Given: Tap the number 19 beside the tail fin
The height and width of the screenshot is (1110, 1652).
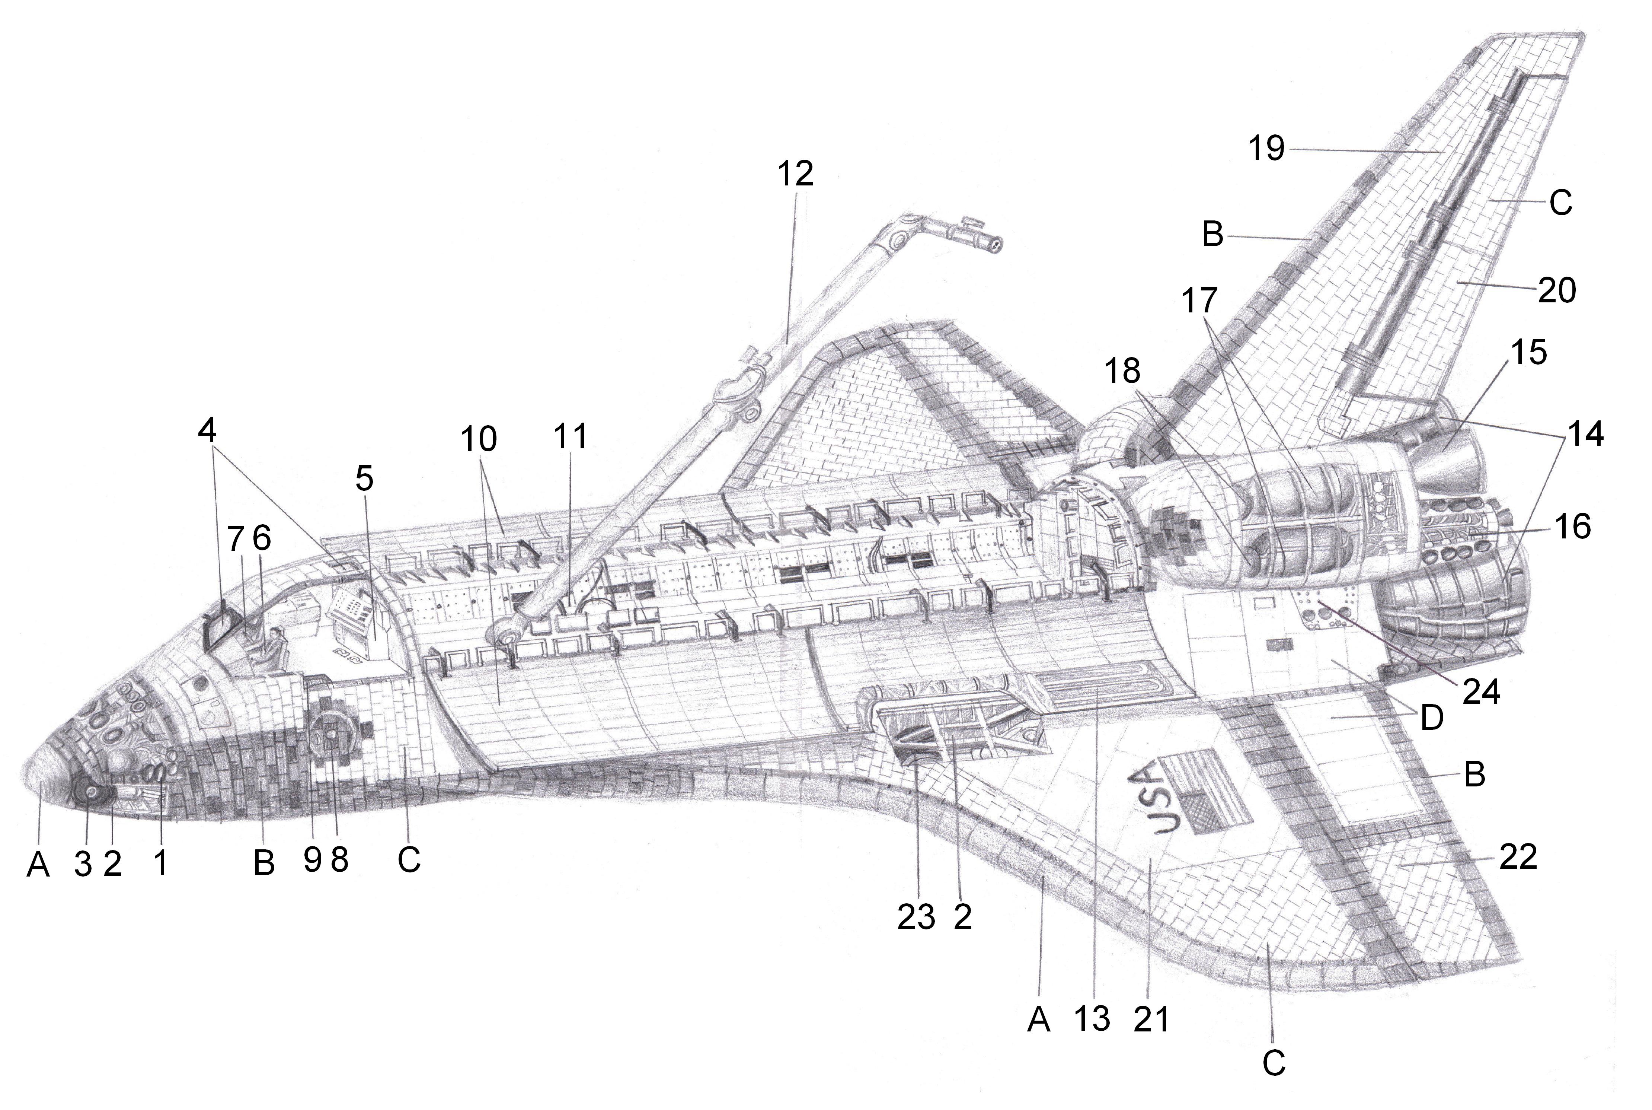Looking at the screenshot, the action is (1266, 149).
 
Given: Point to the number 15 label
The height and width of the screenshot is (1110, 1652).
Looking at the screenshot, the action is (1528, 352).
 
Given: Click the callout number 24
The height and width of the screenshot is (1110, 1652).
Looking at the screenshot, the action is (1481, 691).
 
